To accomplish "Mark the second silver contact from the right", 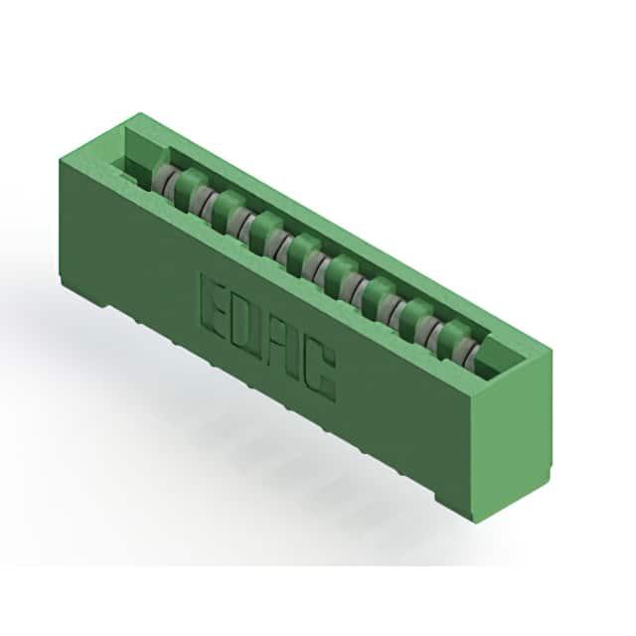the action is (429, 329).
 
